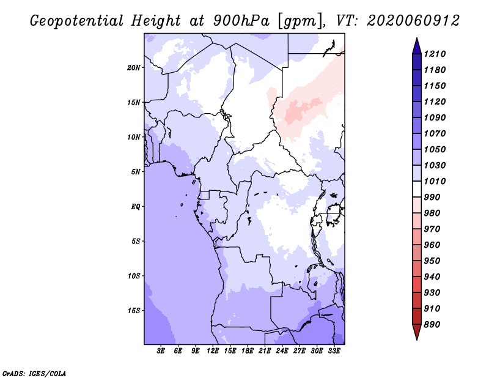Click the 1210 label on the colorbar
pos(435,54)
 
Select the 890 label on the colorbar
pos(432,325)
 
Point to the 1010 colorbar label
pos(435,181)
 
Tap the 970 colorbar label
pos(432,229)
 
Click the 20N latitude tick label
pos(133,68)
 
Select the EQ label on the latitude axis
pos(135,207)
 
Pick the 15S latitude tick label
pos(134,311)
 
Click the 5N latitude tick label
pos(136,172)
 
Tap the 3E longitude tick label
pos(161,350)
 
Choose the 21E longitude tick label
pos(265,350)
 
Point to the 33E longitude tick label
pos(334,350)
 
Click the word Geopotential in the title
pos(77,21)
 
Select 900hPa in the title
pos(241,21)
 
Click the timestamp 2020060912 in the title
pos(413,21)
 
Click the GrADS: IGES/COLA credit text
pos(34,374)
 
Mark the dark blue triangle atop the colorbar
pos(417,46)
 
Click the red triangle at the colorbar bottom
pos(417,332)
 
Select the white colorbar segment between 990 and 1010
pos(417,189)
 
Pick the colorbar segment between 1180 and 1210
pos(417,62)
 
